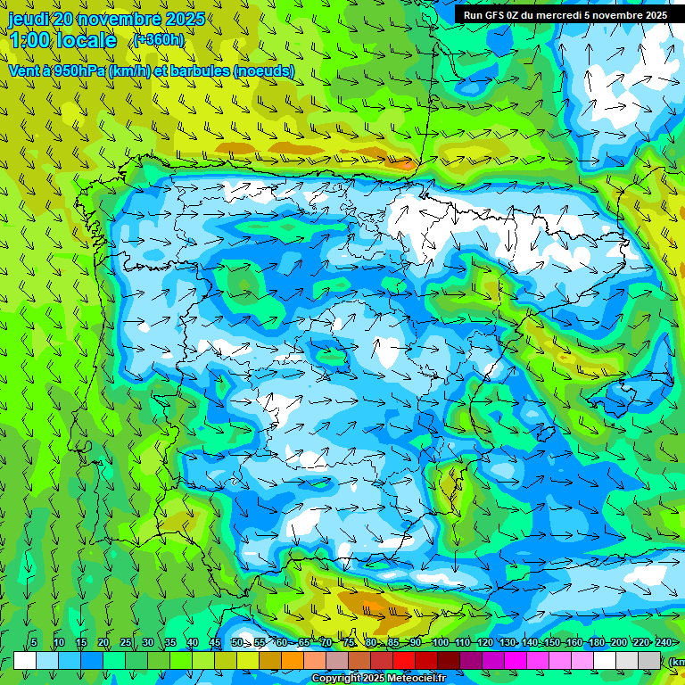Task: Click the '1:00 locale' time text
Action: pos(62,40)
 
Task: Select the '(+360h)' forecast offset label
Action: pos(159,39)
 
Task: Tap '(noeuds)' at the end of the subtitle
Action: pos(264,71)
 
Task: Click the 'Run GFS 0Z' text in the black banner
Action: pos(494,15)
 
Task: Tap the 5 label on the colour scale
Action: pos(34,643)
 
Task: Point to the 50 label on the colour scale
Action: pos(237,643)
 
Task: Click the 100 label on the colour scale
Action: pos(440,643)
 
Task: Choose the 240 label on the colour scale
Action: pos(664,643)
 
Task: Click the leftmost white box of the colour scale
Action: pos(25,661)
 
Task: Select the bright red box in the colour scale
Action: pos(404,661)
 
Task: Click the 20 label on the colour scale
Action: pos(103,643)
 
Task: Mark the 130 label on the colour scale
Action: pos(508,643)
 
